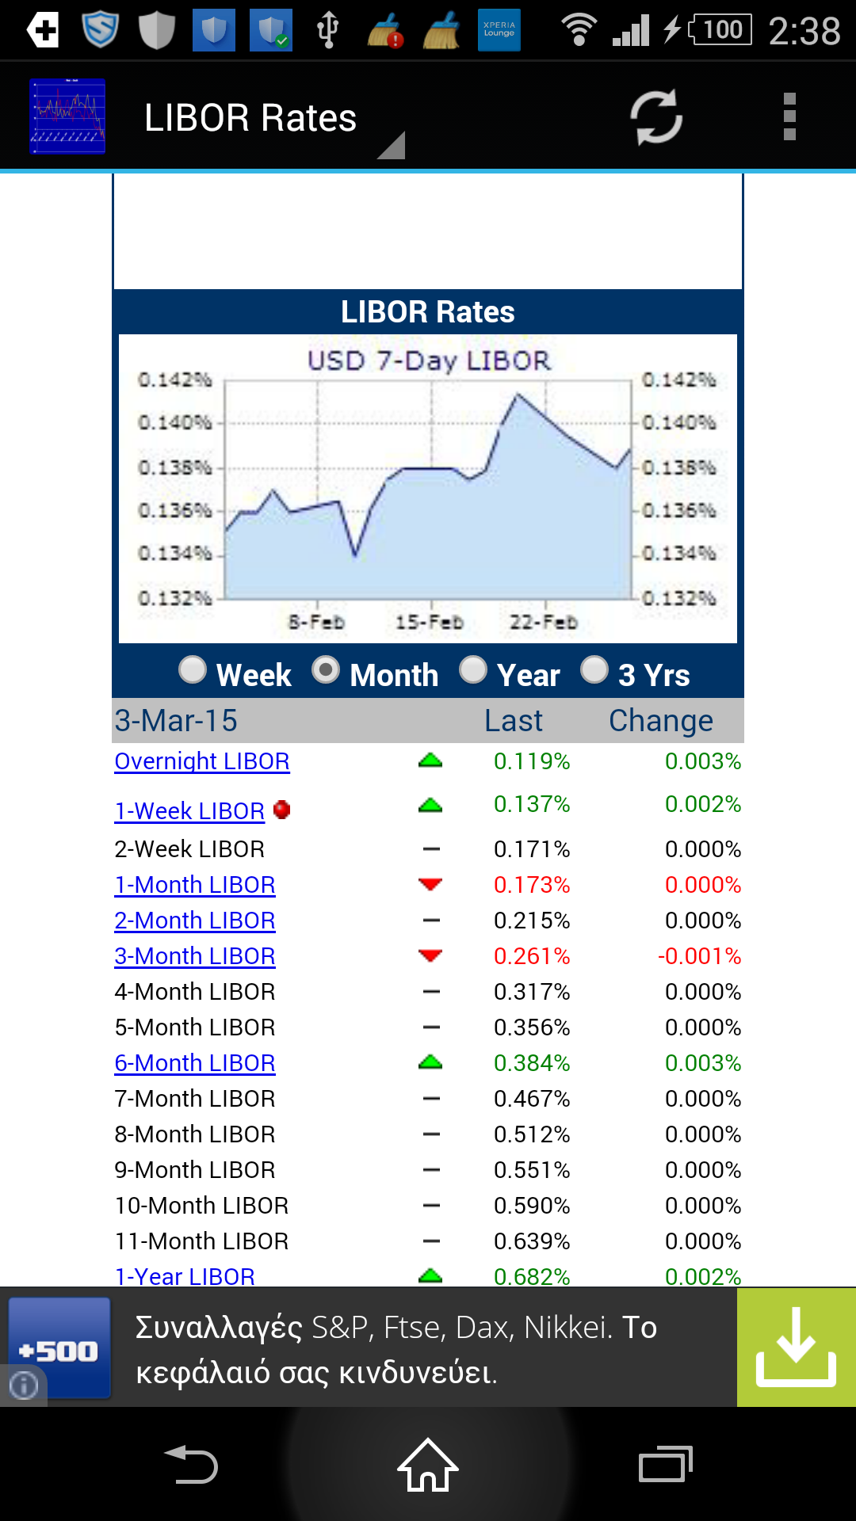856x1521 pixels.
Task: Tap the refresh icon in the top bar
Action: (655, 117)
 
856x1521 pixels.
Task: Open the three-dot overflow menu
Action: (789, 117)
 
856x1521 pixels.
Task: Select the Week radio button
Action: (193, 670)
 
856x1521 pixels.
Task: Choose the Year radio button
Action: (473, 670)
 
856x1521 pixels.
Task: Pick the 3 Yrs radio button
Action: (594, 670)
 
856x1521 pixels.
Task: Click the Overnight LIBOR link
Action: (202, 761)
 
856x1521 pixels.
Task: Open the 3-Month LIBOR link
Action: (195, 956)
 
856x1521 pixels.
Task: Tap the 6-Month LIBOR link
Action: (195, 1063)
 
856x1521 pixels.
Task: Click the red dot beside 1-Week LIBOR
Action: (281, 810)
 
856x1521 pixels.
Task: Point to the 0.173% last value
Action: (532, 885)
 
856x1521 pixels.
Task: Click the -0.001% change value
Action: (699, 956)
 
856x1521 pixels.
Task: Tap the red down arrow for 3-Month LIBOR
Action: (430, 955)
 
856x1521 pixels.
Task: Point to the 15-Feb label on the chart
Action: (430, 623)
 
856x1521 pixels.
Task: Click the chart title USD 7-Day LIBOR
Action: (429, 361)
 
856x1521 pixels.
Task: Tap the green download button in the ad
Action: (796, 1348)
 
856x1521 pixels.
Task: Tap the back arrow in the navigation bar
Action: (191, 1465)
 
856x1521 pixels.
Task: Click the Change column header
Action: (661, 721)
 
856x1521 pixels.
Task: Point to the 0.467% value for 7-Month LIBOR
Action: (532, 1099)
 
